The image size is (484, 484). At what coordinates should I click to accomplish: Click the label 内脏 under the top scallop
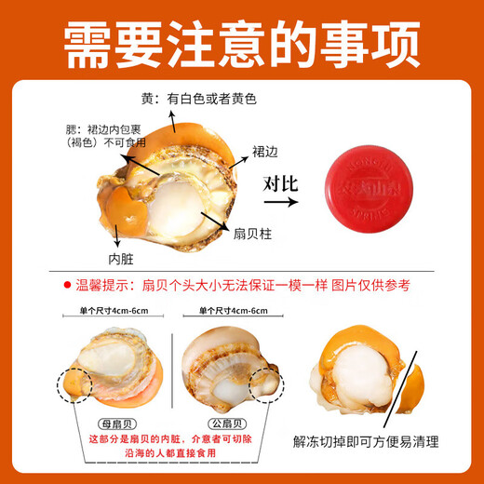click(x=122, y=258)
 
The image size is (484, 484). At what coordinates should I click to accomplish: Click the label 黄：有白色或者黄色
click(x=205, y=98)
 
